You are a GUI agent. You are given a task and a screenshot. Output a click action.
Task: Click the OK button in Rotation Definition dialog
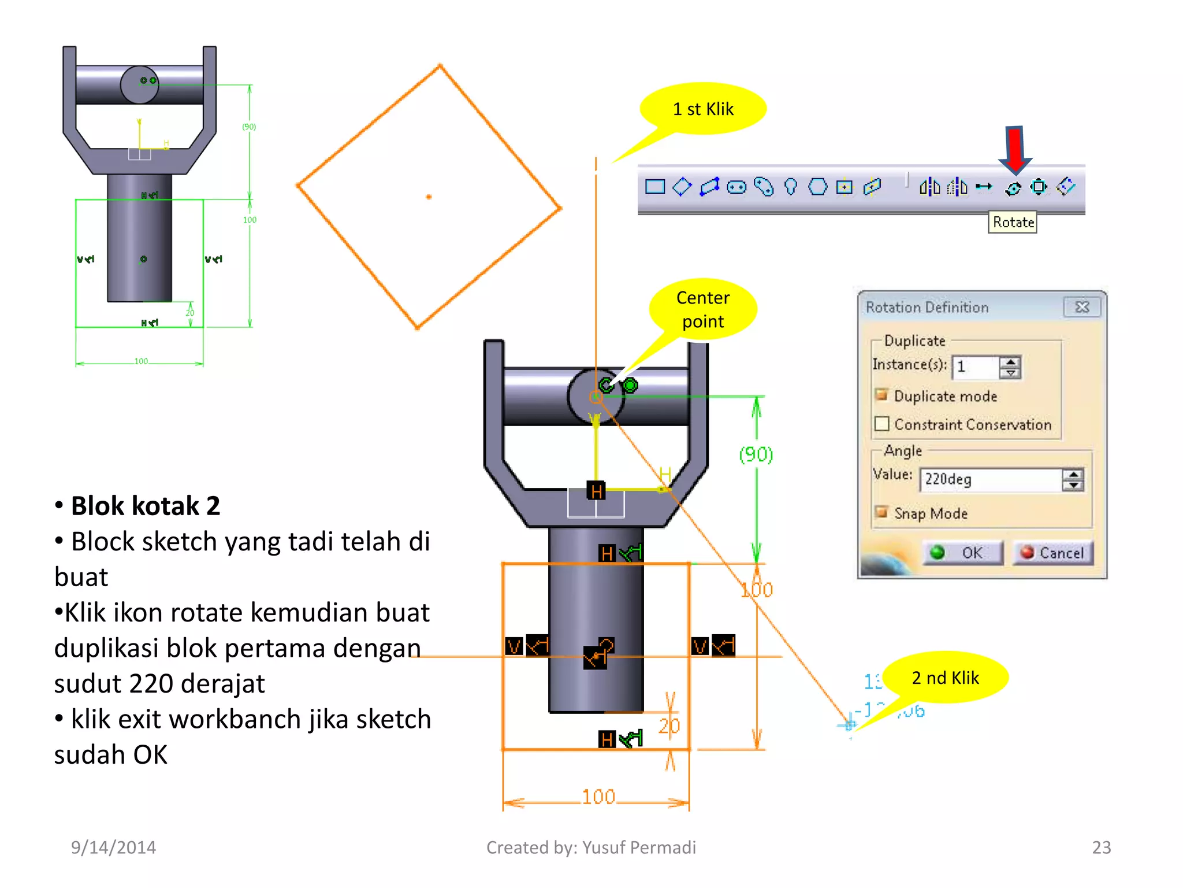[962, 553]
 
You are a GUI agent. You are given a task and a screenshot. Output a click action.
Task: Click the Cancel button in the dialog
[1052, 553]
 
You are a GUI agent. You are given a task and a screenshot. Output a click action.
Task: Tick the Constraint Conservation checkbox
[882, 424]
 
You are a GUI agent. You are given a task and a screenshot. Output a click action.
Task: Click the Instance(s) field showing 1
[975, 367]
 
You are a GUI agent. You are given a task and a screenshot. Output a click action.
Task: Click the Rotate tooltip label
[1013, 223]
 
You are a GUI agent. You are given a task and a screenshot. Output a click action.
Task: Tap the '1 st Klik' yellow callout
[703, 109]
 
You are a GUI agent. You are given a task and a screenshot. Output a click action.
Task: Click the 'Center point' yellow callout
[703, 309]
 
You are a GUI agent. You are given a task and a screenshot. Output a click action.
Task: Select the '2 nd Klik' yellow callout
[945, 678]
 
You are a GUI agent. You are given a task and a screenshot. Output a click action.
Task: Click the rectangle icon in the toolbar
[654, 187]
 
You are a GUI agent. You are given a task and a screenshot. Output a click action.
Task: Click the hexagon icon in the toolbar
[817, 187]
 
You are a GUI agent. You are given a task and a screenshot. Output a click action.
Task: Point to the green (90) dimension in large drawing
[756, 454]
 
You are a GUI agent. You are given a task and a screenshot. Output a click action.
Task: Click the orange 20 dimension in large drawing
[669, 726]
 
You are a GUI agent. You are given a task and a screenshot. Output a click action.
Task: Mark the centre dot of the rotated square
[429, 197]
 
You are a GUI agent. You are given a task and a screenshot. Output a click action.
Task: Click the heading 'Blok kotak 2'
[145, 506]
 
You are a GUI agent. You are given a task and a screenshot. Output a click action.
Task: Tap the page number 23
[1101, 848]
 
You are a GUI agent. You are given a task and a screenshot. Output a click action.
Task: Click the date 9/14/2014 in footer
[113, 848]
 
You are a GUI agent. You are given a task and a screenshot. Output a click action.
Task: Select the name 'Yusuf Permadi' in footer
[639, 848]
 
